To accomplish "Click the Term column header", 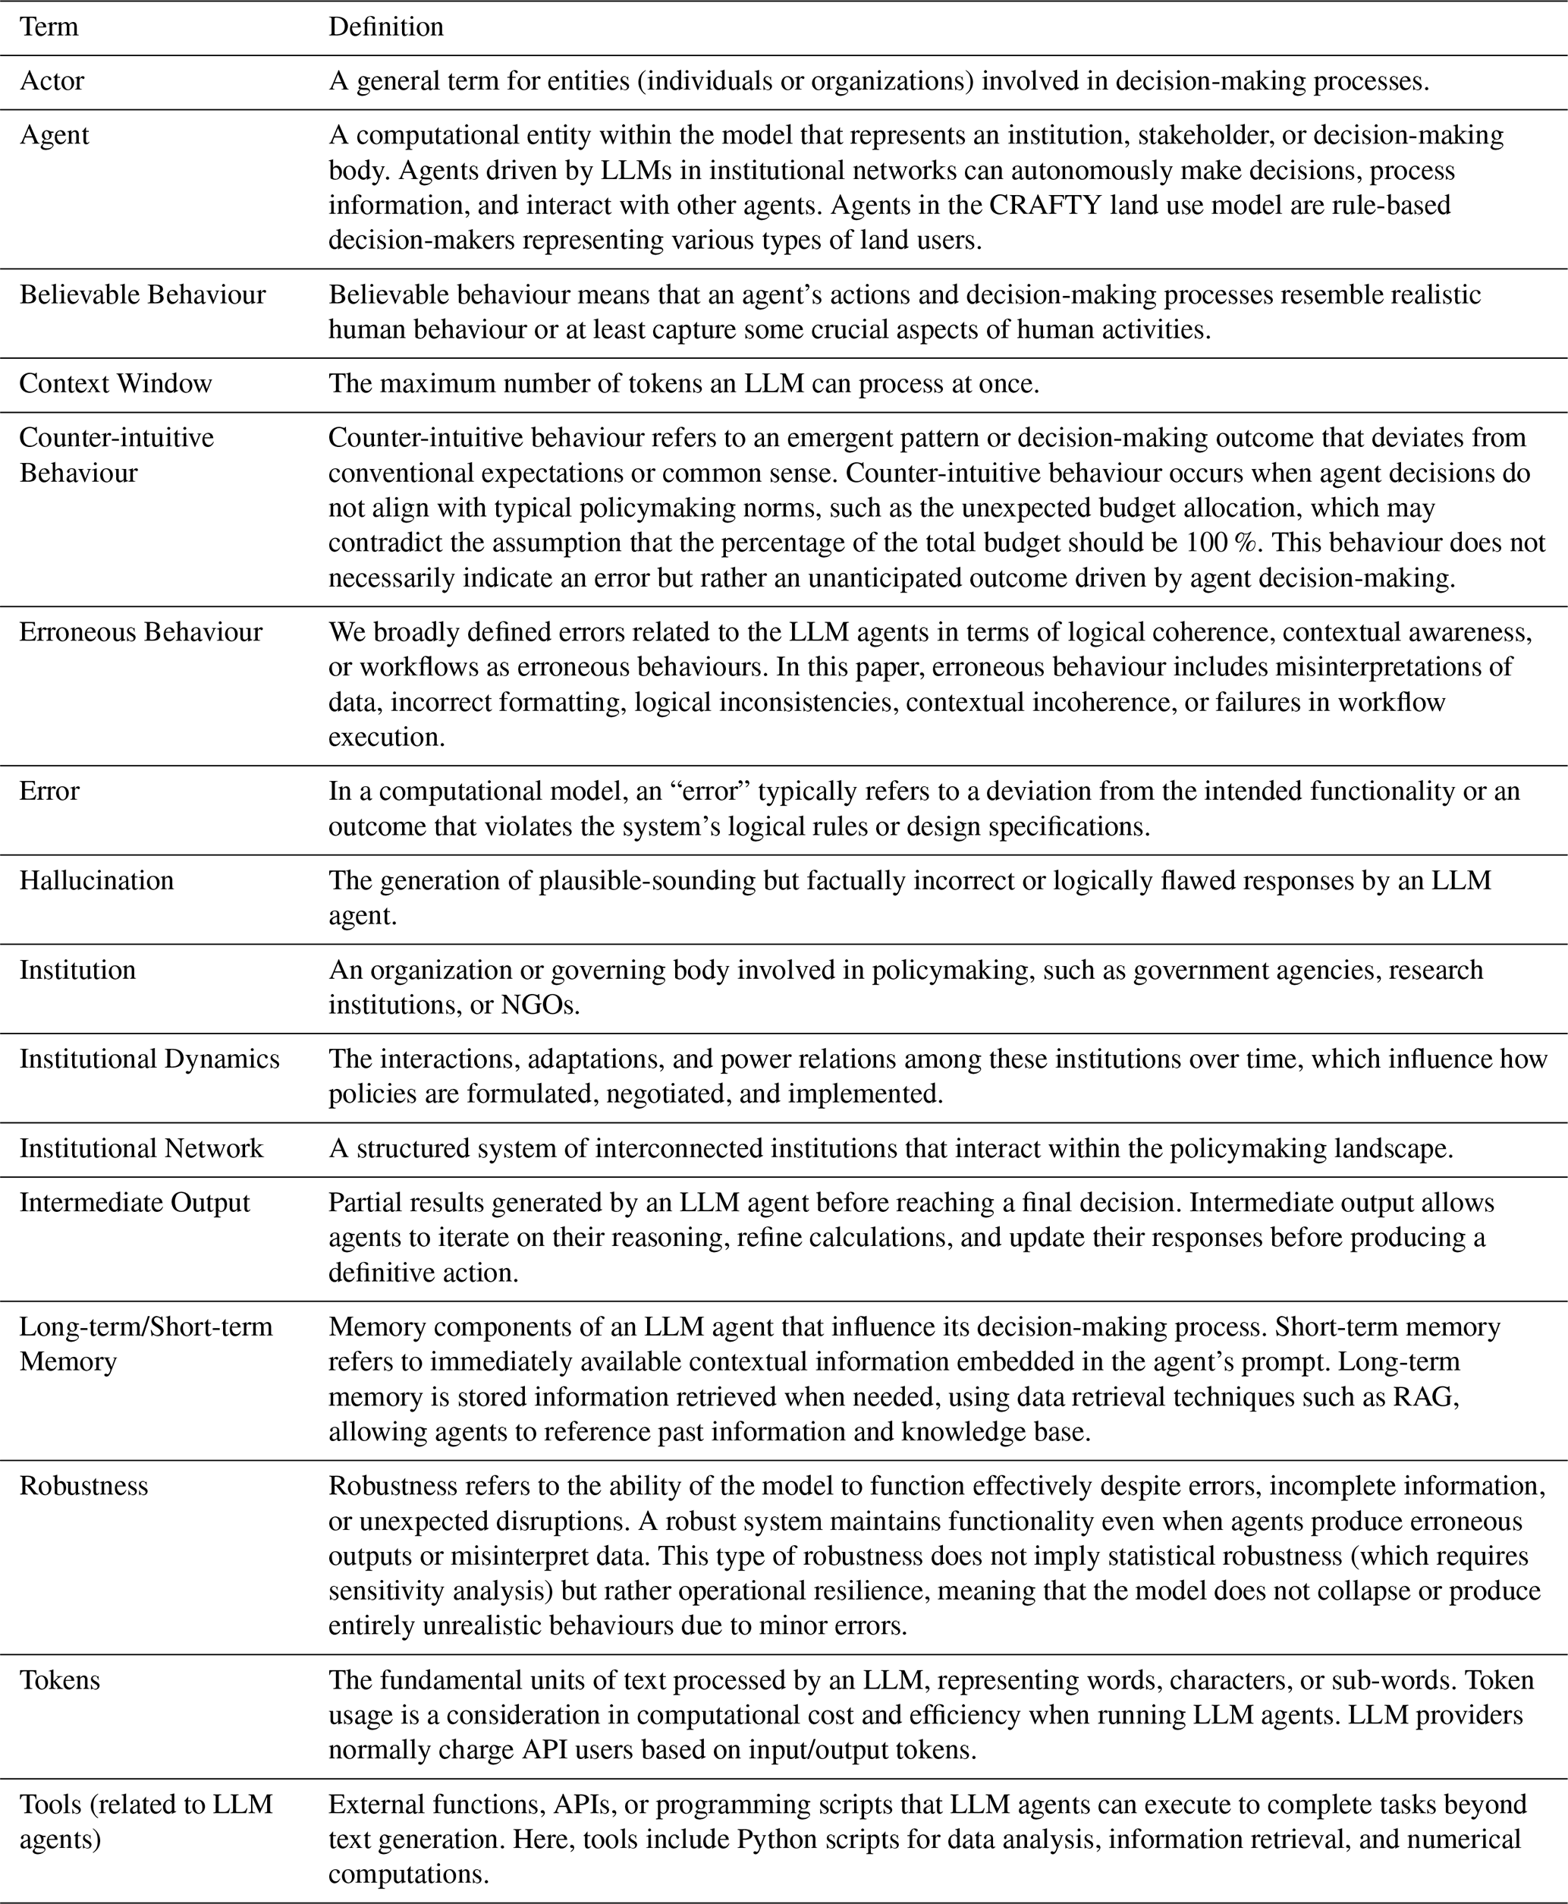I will pyautogui.click(x=49, y=27).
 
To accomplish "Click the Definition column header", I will pyautogui.click(x=385, y=27).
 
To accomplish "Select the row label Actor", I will pyautogui.click(x=52, y=81).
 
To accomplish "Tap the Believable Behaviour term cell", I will pyautogui.click(x=143, y=294).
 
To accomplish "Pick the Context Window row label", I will pyautogui.click(x=115, y=383).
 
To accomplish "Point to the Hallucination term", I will pyautogui.click(x=96, y=880).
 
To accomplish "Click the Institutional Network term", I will pyautogui.click(x=142, y=1147).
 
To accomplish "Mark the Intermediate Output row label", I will pyautogui.click(x=134, y=1202).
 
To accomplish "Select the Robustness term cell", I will pyautogui.click(x=84, y=1486).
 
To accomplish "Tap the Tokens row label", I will pyautogui.click(x=60, y=1680).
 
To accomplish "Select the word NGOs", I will pyautogui.click(x=539, y=1005).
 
